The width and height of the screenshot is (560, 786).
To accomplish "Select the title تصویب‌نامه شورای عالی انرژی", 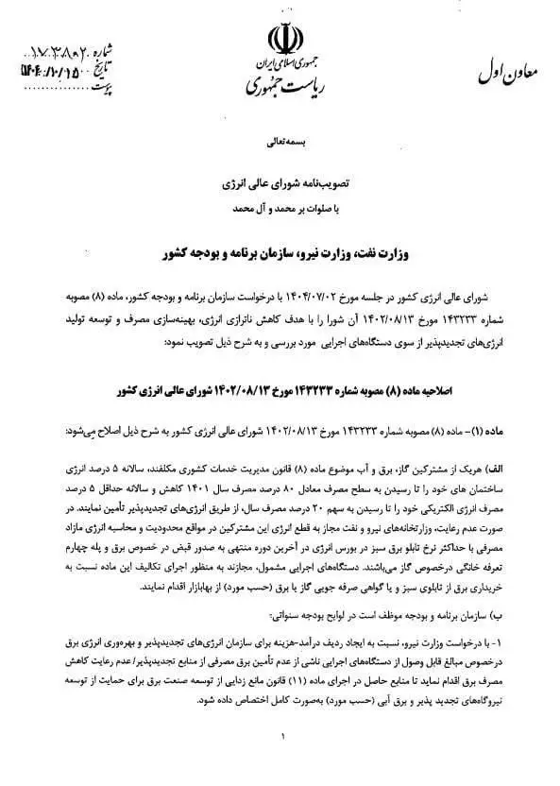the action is (280, 178).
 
